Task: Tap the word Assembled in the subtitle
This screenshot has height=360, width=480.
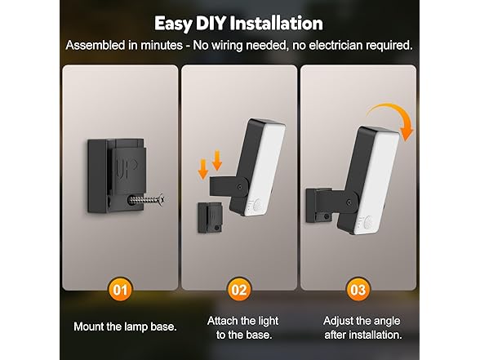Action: click(x=99, y=47)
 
